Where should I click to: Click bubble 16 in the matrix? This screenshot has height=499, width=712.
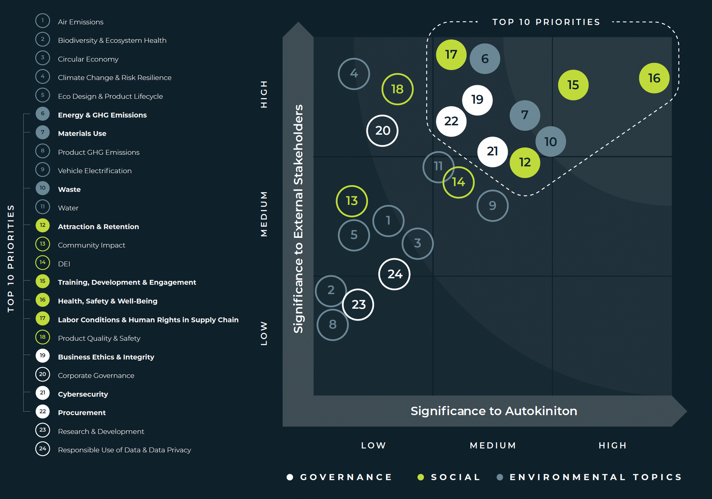(654, 78)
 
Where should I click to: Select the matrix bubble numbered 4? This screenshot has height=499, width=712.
(354, 74)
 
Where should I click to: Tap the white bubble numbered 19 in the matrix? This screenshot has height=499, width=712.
(477, 100)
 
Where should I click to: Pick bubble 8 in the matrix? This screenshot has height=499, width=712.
(333, 325)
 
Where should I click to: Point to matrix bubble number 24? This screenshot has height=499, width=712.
(395, 274)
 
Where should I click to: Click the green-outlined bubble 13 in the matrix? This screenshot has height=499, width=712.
(352, 201)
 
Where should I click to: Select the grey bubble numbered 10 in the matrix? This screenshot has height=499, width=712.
(551, 142)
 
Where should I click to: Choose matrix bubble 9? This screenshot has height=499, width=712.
(492, 206)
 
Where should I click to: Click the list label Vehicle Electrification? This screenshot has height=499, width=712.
(95, 171)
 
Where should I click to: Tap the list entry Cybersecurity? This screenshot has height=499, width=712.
(83, 394)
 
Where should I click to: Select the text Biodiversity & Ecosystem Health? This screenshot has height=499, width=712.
(112, 40)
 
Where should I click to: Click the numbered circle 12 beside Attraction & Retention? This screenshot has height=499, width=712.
(43, 225)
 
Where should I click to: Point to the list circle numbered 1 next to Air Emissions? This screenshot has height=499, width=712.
(43, 21)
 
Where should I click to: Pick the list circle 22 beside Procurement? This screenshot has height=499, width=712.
(43, 411)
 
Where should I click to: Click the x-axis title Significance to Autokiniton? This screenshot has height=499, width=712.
(494, 411)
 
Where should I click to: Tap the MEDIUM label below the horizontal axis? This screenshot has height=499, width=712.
(493, 445)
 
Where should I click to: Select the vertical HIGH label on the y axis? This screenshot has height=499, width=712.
(264, 94)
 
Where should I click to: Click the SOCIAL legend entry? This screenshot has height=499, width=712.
(455, 477)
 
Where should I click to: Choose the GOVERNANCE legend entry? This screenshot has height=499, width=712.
(346, 477)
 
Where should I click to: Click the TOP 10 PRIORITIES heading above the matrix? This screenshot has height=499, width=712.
(546, 22)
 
